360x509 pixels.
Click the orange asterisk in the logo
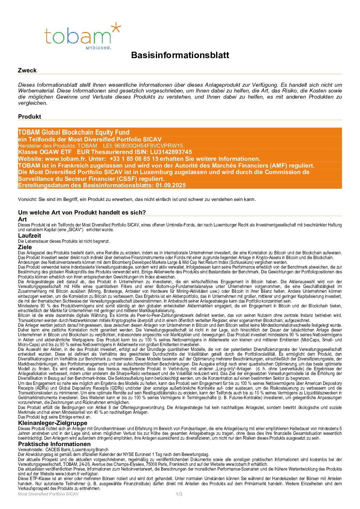coord(116,28)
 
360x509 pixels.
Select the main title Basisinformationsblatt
coord(180,55)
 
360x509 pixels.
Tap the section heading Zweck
coord(27,70)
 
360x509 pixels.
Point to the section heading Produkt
coord(30,116)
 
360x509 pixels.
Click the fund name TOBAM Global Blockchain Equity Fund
coord(74,132)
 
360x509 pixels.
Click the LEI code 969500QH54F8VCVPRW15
coord(155,146)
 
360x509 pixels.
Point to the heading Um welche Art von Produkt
coord(82,213)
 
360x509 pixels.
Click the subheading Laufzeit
coord(30,236)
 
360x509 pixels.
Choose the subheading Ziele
coord(25,247)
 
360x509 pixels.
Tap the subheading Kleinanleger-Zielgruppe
coord(53,423)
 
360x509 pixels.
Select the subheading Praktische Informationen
coord(54,444)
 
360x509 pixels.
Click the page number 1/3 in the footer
coord(179,494)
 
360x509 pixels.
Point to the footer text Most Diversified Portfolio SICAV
coord(48,494)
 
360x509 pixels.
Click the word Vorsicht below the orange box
coord(27,199)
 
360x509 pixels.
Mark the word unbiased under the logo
coord(98,48)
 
